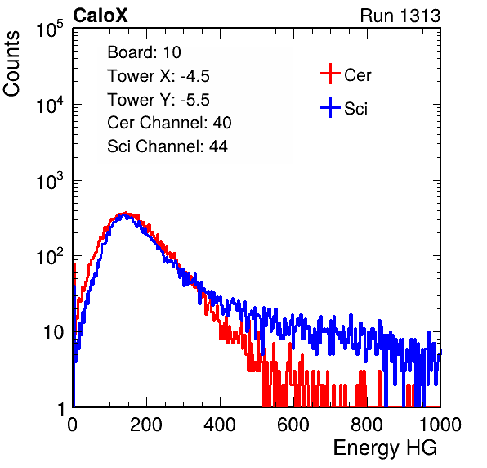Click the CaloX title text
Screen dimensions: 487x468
coord(100,16)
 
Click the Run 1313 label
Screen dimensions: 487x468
coord(400,16)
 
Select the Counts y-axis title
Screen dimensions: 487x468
coord(11,64)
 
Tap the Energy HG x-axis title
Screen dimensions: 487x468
coord(385,448)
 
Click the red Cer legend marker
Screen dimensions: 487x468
coord(330,74)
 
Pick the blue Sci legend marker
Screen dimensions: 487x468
coord(330,107)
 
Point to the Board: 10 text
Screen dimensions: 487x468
coord(144,52)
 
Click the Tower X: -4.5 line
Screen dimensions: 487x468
coord(159,76)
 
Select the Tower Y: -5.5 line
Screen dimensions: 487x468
coord(159,100)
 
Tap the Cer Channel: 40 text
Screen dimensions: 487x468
coord(169,123)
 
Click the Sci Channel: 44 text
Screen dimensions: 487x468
coord(168,146)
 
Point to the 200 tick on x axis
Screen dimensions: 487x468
coord(146,425)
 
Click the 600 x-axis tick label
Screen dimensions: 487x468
coord(293,425)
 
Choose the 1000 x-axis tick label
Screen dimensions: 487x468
coord(440,425)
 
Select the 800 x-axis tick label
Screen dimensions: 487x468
coord(367,425)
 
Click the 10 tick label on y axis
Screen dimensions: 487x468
coord(53,332)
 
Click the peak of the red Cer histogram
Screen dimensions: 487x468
coord(125,213)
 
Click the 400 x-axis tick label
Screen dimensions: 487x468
coord(220,425)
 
